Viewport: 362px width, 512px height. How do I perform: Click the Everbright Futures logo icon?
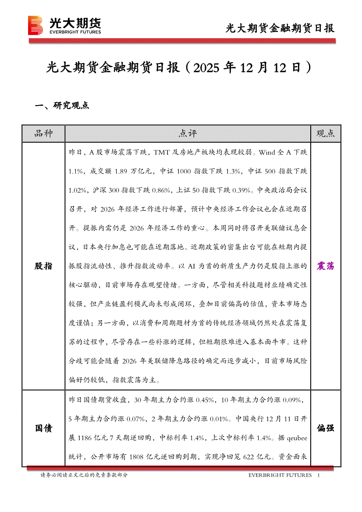point(35,25)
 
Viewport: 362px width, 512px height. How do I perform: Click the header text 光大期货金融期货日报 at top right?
point(280,28)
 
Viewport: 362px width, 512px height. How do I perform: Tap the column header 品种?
point(43,134)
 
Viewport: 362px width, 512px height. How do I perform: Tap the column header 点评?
point(188,134)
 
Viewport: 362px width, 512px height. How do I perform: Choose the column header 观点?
point(325,134)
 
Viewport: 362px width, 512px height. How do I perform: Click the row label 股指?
point(43,266)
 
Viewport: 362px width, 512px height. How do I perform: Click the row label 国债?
point(43,428)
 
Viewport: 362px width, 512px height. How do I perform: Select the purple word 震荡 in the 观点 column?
point(325,266)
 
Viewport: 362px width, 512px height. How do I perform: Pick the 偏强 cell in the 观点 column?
point(325,428)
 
